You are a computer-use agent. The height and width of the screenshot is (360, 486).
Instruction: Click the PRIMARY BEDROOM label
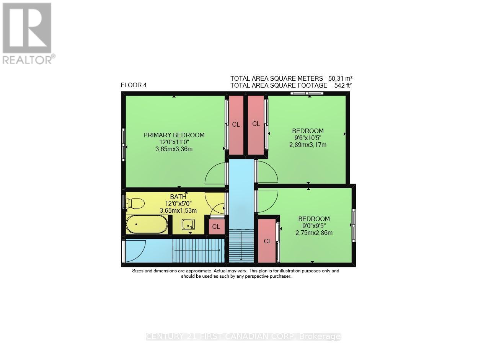[174, 135]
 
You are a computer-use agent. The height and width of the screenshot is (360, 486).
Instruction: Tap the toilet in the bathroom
[134, 204]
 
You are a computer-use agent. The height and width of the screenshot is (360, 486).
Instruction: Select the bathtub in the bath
[147, 225]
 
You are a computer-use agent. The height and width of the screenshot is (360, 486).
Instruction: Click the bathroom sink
[188, 225]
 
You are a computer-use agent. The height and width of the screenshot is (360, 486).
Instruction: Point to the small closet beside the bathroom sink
[216, 226]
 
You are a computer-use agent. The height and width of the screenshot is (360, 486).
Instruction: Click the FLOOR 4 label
[134, 85]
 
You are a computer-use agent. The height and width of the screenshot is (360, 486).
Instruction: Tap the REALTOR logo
[27, 33]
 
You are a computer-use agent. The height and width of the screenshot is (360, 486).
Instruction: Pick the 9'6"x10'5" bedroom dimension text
[308, 138]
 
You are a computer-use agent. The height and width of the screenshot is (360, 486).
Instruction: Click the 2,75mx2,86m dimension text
[314, 233]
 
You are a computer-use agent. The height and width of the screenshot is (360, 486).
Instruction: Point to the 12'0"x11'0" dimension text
[174, 142]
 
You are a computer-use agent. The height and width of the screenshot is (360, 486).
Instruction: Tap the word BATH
[178, 197]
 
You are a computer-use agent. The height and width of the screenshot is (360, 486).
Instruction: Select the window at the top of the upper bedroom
[307, 93]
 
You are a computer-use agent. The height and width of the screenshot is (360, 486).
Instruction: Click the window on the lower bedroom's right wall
[354, 225]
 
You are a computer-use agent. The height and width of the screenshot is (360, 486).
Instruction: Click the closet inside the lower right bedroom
[267, 241]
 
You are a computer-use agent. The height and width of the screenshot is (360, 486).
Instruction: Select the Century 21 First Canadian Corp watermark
[243, 337]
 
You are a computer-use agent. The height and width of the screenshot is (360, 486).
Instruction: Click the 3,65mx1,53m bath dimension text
[178, 211]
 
